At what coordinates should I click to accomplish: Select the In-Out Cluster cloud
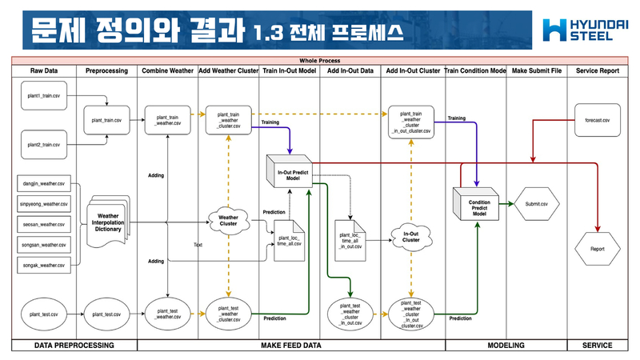click(x=410, y=237)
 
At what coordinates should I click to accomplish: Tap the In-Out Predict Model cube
click(x=288, y=174)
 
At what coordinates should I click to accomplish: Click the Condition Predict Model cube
click(x=478, y=204)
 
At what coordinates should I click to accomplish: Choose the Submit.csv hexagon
click(x=536, y=204)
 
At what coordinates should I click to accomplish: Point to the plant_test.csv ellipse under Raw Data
click(x=43, y=314)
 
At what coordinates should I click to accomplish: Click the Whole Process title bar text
click(x=319, y=61)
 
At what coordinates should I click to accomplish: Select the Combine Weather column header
click(x=167, y=71)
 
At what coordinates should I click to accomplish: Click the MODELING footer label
click(x=506, y=346)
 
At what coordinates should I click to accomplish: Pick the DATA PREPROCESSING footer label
click(x=74, y=346)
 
